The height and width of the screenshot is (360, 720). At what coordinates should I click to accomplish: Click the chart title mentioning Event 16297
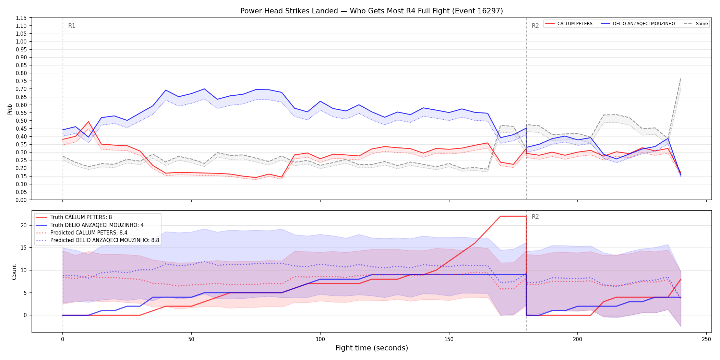point(372,11)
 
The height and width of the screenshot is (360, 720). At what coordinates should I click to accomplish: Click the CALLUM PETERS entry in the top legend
point(569,24)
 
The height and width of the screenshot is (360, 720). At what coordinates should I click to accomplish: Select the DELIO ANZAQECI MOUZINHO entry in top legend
point(638,24)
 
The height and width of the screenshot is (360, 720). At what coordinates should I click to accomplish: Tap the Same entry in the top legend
point(696,24)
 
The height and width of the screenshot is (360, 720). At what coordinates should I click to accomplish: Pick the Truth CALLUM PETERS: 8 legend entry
point(74,217)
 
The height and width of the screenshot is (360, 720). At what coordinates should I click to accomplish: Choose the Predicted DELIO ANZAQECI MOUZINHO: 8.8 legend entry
point(98,240)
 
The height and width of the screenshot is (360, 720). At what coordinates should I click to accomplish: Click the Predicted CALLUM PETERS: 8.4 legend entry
point(82,233)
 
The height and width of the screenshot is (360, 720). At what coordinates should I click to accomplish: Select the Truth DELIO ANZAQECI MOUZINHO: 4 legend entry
point(90,225)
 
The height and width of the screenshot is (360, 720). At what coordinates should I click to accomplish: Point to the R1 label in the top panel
point(72,26)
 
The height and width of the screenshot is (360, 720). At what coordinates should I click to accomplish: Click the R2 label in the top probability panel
point(535,26)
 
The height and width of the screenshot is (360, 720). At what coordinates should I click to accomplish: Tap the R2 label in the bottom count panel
point(535,217)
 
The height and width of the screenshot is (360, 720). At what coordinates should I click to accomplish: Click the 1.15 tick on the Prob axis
point(21,18)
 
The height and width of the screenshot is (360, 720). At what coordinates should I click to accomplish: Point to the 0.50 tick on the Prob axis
point(21,121)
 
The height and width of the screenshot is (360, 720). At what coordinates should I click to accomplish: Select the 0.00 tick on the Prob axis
point(21,200)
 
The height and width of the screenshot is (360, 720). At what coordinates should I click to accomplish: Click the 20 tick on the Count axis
point(24,225)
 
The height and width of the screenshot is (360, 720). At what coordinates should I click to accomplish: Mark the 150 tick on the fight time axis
point(449,339)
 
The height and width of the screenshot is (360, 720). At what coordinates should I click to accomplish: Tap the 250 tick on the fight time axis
point(706,339)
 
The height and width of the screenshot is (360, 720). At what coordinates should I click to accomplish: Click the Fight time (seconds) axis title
point(372,348)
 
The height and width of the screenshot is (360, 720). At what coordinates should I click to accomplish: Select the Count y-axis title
point(14,272)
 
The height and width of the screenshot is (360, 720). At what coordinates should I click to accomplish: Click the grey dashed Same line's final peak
point(681,79)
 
